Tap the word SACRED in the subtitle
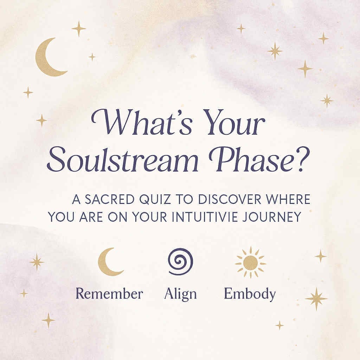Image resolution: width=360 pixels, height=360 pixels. (x=110, y=199)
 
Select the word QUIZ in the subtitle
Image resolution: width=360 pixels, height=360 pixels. (x=155, y=199)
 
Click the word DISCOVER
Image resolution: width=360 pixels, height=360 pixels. (x=230, y=199)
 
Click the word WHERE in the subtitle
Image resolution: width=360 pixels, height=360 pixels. (x=288, y=199)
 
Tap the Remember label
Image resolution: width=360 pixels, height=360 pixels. (x=109, y=294)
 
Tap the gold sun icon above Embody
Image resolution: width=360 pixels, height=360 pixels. (x=250, y=262)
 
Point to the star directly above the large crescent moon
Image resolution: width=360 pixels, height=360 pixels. (x=79, y=29)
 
